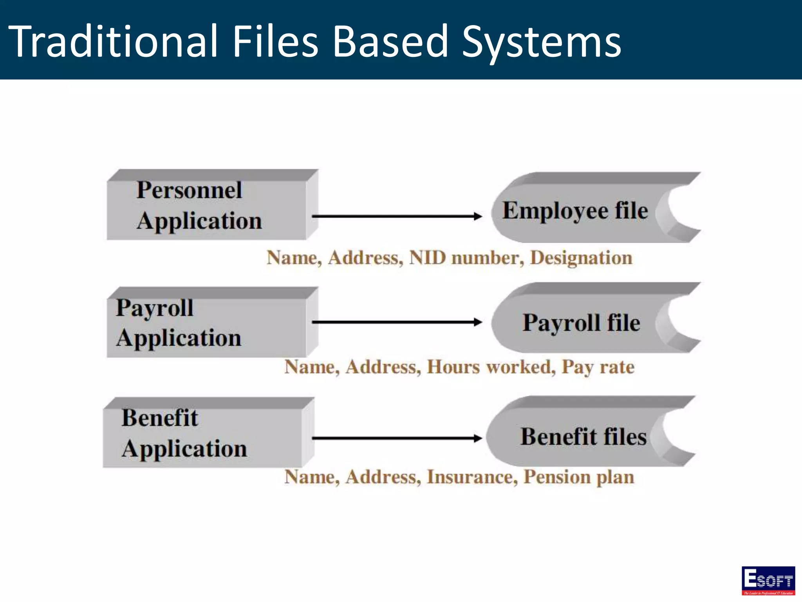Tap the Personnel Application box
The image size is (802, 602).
click(208, 206)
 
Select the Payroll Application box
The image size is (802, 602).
click(208, 323)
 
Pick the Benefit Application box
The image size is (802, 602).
click(204, 433)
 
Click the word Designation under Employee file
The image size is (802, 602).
click(581, 258)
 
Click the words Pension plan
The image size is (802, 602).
click(579, 477)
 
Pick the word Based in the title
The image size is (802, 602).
click(390, 41)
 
